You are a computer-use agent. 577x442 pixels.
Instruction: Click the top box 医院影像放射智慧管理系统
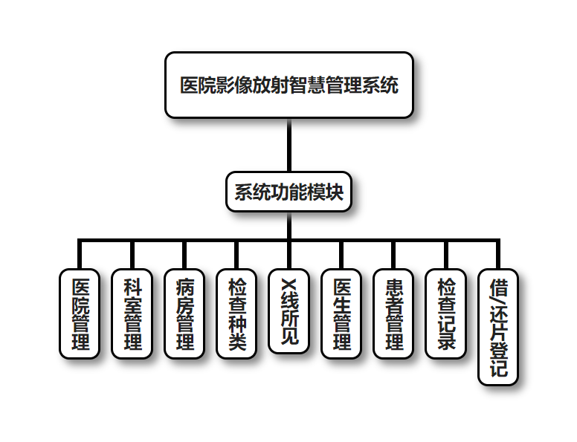288,85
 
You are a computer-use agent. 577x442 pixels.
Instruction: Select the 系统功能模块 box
288,192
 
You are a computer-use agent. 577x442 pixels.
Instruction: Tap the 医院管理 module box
79,313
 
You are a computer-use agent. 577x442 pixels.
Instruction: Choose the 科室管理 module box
132,313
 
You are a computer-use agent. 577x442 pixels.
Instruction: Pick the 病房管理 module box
184,313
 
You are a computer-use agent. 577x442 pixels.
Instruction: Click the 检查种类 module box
236,313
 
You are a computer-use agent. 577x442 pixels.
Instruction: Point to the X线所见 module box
288,311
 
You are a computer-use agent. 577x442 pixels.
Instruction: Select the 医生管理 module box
341,313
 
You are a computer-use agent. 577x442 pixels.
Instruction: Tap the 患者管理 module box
394,313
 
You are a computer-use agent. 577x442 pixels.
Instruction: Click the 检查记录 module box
446,313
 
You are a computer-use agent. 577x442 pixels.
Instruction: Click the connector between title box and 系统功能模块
288,145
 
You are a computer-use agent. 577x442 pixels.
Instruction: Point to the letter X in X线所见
288,285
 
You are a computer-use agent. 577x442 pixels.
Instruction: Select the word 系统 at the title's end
381,85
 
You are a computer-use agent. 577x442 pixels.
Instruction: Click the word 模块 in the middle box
325,192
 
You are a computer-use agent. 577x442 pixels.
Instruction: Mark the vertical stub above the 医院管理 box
79,254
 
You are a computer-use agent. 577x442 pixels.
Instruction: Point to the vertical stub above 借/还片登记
498,254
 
